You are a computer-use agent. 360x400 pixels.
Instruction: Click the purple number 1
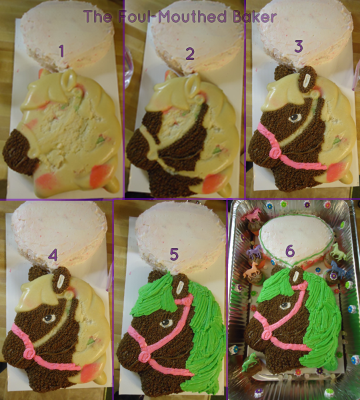tap(61, 51)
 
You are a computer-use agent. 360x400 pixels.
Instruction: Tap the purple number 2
tap(190, 54)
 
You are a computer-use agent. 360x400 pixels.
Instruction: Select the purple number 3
tap(299, 47)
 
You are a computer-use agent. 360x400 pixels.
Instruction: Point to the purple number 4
tap(53, 255)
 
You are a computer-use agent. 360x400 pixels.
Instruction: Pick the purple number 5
tap(174, 255)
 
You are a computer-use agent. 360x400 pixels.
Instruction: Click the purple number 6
tap(290, 251)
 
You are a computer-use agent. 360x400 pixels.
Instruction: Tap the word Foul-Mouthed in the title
tap(173, 16)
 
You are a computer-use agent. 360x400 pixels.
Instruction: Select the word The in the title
tap(98, 16)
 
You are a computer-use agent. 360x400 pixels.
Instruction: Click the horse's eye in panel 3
tap(295, 117)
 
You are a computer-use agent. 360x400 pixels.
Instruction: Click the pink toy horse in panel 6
tap(252, 214)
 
